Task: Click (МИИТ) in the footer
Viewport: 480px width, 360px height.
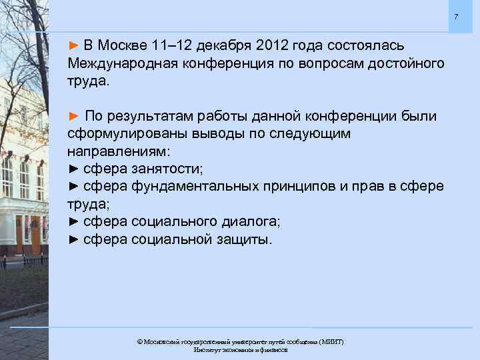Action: [x=331, y=341]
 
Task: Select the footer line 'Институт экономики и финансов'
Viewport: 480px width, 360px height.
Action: [x=240, y=349]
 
